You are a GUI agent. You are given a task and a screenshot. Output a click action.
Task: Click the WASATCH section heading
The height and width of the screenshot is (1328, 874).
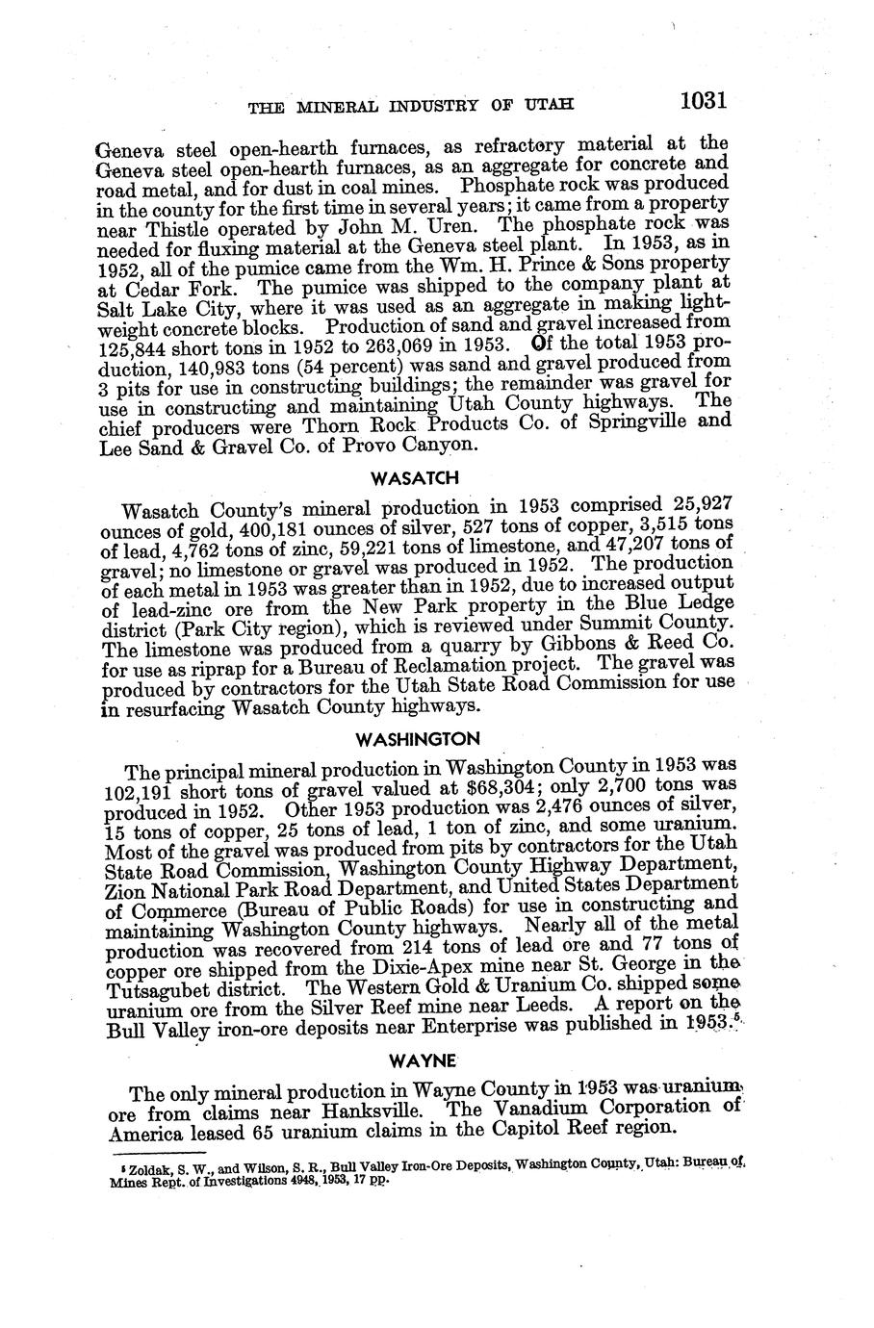(401, 477)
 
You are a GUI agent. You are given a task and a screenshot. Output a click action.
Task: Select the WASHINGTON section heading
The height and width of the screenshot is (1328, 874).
(403, 739)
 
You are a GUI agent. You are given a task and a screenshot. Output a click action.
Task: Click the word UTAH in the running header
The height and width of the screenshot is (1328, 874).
(548, 105)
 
